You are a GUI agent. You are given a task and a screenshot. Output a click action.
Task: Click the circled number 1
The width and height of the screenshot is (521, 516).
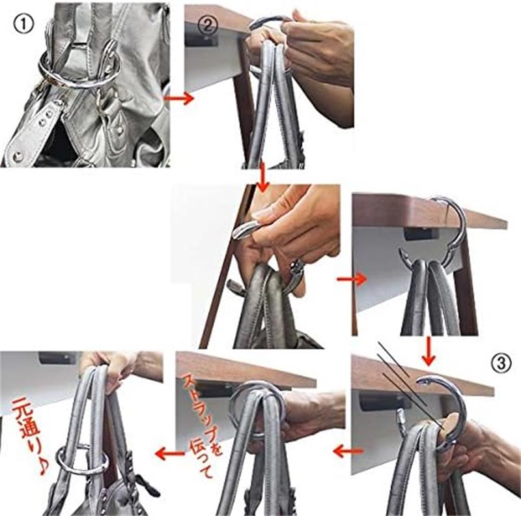pos(23,24)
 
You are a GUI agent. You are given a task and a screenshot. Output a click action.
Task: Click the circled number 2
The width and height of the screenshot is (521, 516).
pos(208,24)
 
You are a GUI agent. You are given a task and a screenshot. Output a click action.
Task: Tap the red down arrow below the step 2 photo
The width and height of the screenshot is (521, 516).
pos(262,177)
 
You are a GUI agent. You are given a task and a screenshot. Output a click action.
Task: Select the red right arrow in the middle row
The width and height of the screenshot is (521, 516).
pos(352,279)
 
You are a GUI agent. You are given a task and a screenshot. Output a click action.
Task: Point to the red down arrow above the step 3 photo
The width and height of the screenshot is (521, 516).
pos(429,351)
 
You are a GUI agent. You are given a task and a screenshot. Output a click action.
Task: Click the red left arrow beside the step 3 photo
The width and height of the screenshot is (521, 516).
pos(348,451)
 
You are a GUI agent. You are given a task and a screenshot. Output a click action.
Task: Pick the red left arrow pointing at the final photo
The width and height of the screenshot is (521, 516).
pos(169,453)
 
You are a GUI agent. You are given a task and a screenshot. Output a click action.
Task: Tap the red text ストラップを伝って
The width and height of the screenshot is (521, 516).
pos(202,425)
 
